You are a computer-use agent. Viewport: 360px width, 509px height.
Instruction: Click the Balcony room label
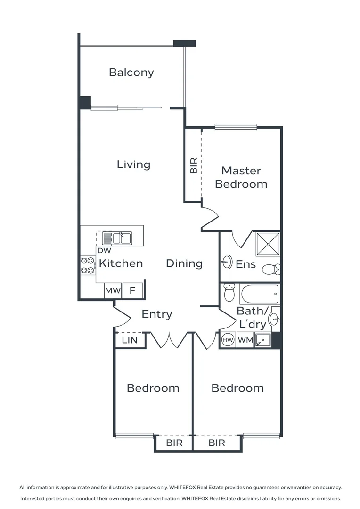click(131, 73)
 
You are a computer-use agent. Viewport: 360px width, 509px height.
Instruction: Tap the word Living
click(133, 164)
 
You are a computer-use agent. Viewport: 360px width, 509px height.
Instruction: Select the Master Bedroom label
click(241, 177)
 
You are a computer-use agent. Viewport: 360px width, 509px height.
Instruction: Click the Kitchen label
click(121, 263)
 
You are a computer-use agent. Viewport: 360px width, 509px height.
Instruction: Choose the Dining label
click(184, 263)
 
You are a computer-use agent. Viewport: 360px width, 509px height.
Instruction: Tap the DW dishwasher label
click(104, 251)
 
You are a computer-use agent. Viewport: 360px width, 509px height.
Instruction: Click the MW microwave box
click(113, 291)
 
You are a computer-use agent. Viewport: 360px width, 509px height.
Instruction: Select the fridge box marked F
click(132, 291)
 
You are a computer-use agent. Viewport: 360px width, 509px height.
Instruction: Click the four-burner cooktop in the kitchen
click(87, 265)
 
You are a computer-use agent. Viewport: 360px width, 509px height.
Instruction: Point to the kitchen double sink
click(117, 238)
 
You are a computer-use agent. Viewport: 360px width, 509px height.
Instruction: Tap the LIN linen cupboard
click(130, 340)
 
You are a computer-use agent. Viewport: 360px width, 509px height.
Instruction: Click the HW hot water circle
click(228, 340)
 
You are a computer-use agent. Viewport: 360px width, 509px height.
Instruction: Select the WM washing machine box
click(245, 340)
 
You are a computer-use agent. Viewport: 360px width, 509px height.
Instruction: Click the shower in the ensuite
click(268, 244)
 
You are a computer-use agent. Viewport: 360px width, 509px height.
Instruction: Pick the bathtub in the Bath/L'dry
click(259, 295)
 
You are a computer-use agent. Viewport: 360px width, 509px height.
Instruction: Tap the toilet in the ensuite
click(271, 270)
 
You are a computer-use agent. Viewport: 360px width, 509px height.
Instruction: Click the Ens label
click(245, 264)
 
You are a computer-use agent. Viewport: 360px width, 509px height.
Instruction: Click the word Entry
click(157, 314)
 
